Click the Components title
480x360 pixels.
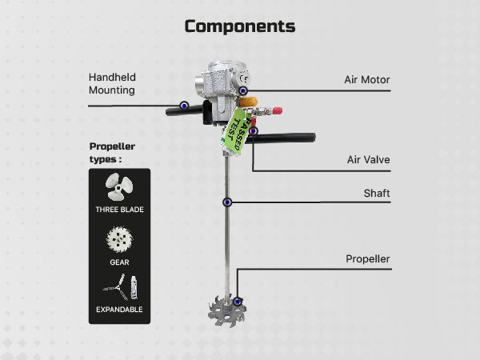tap(240, 26)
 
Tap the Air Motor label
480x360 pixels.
tap(367, 79)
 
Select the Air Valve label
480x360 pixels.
tap(368, 159)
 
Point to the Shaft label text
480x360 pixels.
tap(377, 193)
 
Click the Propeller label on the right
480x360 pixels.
tap(368, 258)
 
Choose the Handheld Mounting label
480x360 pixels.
tap(112, 83)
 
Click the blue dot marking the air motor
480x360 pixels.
tap(243, 91)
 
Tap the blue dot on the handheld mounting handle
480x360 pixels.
tap(184, 106)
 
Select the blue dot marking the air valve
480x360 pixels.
tap(253, 131)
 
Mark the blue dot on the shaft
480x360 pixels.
tap(227, 202)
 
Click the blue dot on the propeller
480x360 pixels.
tap(238, 302)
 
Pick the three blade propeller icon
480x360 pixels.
tap(118, 186)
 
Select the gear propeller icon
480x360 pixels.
tap(119, 240)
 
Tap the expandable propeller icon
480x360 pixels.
tap(120, 287)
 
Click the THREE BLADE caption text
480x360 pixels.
tap(119, 210)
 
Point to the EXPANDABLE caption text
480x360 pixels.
tap(119, 310)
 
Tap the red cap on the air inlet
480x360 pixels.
tap(278, 111)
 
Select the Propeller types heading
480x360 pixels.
tap(112, 153)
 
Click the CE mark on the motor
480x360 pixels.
tap(244, 78)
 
